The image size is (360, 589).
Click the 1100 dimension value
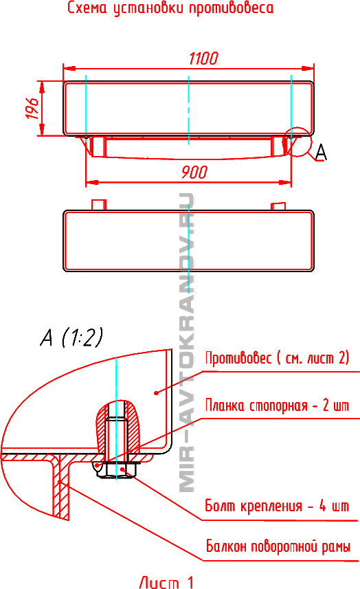[203, 58]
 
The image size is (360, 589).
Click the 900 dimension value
[194, 172]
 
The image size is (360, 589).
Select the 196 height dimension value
[32, 109]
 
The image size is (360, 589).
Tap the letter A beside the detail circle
[321, 152]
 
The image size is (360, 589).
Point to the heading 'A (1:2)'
[71, 337]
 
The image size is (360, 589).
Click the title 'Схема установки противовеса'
[170, 8]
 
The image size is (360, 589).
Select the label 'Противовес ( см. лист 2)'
[277, 357]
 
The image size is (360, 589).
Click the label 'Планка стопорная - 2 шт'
[277, 405]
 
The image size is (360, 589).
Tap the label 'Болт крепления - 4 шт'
[277, 506]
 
